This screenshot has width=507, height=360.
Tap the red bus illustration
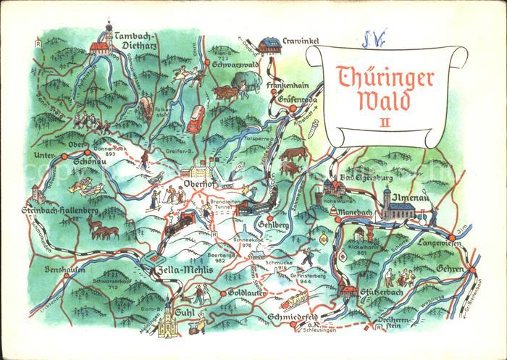(196, 118)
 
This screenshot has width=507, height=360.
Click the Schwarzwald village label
(236, 64)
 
